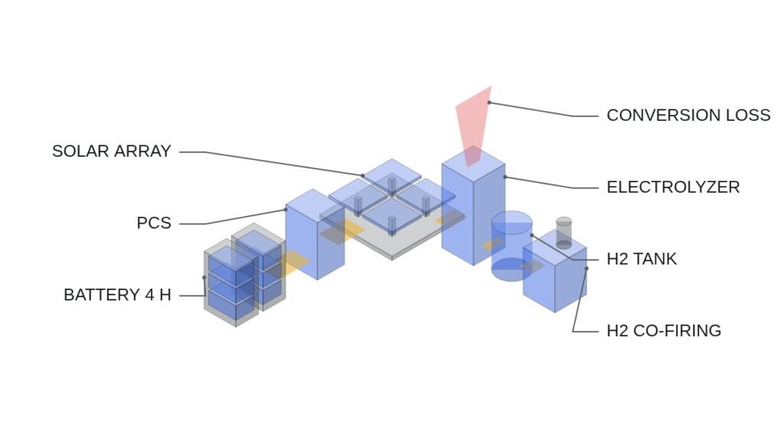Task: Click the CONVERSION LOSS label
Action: coord(688,116)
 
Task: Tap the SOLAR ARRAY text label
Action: coord(112,151)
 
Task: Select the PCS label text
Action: coord(154,223)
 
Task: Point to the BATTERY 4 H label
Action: coord(117,295)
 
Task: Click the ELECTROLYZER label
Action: coord(673,187)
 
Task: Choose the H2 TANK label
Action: coord(642,259)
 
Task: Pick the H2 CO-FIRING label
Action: coord(664,331)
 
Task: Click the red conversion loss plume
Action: coord(473,125)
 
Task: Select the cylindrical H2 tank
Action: coord(511,246)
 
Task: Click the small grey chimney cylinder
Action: coord(563,233)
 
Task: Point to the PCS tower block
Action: coord(315,234)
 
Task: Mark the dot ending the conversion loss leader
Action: coord(489,103)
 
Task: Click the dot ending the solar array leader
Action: coord(362,175)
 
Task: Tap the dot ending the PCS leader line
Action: coord(286,210)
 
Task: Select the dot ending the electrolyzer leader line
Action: coord(505,177)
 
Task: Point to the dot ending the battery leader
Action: coord(204,277)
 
